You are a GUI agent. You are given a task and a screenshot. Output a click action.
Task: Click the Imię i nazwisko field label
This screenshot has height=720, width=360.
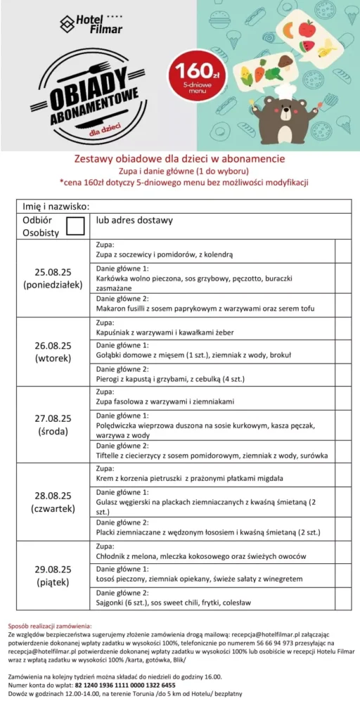(56, 206)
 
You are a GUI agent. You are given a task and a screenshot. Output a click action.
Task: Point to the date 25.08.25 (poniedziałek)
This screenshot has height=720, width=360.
(53, 278)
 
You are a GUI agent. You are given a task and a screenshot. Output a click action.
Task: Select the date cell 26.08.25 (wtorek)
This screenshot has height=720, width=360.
(53, 352)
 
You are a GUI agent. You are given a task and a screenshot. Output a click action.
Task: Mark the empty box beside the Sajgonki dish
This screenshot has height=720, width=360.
(342, 598)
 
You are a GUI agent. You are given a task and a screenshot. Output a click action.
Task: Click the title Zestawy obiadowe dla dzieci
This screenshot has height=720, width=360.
(179, 158)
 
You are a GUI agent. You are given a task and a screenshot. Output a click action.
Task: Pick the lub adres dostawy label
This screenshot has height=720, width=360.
(134, 220)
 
